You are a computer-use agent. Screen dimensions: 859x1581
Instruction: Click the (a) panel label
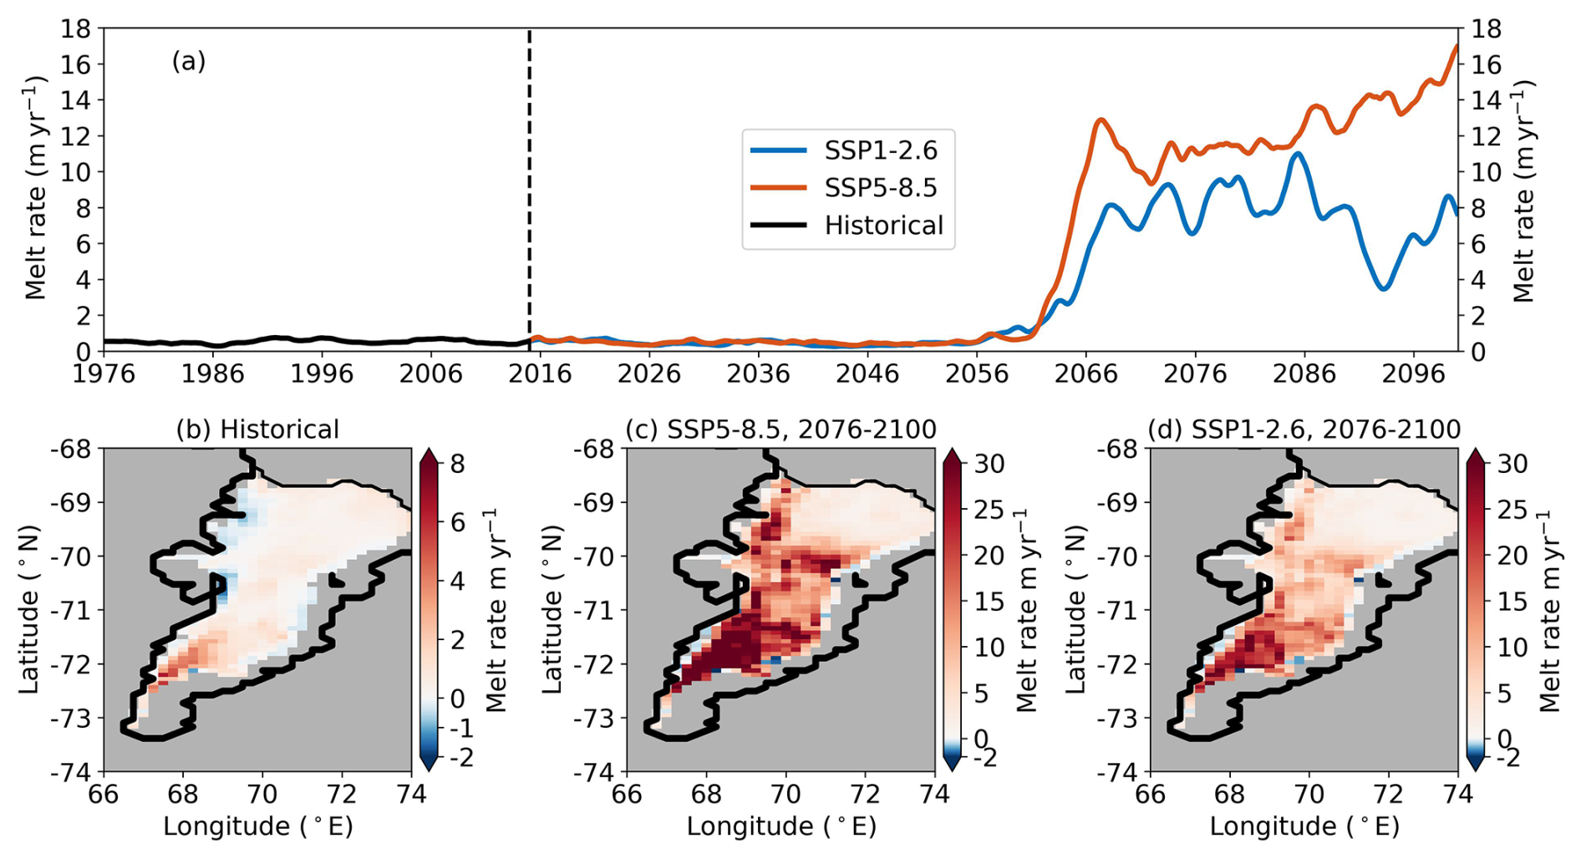189,61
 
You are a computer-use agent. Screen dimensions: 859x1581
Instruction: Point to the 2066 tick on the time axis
1085,374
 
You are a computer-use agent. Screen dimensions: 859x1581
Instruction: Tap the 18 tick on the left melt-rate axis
77,29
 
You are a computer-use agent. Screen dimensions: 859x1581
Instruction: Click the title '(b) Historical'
257,429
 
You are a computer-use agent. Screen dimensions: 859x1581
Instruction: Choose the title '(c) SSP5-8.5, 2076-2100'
780,429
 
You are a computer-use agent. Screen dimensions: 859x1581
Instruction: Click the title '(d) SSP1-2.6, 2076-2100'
1304,429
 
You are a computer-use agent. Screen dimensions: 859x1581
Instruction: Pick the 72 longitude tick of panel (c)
866,794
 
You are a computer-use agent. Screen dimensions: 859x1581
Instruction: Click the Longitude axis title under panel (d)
1304,827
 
